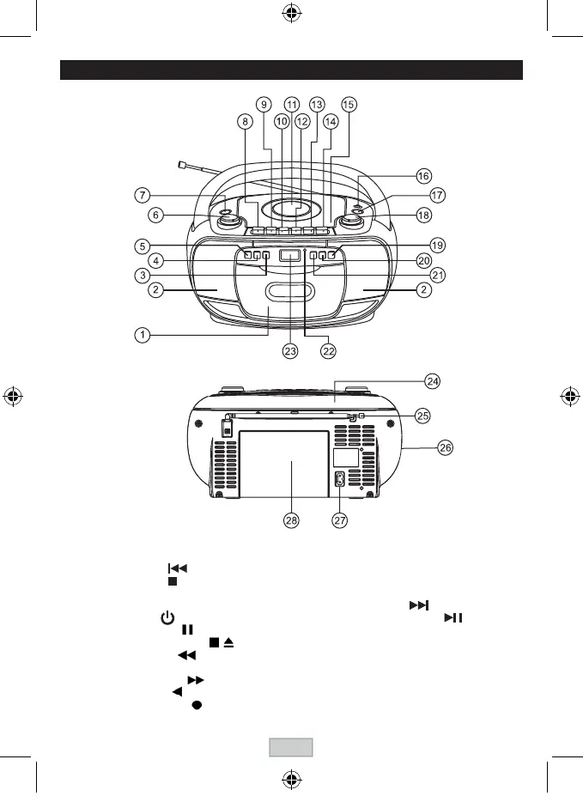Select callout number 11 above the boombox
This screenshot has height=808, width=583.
(292, 104)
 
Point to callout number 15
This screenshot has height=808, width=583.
(348, 104)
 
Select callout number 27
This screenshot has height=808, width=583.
(340, 522)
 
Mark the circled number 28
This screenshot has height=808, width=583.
(291, 522)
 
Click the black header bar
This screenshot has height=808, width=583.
(291, 70)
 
